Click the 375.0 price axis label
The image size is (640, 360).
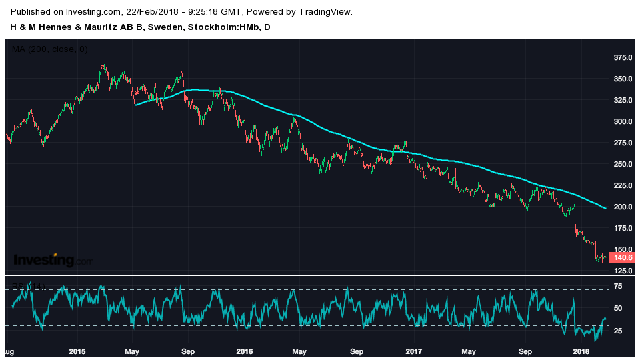click(x=623, y=57)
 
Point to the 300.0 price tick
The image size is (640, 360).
click(x=623, y=121)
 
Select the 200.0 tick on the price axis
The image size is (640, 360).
click(x=623, y=207)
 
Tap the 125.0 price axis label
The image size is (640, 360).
click(x=623, y=271)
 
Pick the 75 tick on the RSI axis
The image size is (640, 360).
click(x=618, y=287)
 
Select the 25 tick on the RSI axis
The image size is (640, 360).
click(x=618, y=331)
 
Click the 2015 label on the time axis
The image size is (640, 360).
click(x=77, y=351)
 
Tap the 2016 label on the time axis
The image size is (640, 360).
click(x=245, y=351)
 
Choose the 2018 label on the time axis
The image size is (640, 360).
click(x=582, y=351)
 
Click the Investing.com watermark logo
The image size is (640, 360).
click(x=53, y=260)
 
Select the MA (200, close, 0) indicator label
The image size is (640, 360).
click(x=50, y=49)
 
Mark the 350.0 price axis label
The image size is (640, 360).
click(x=623, y=79)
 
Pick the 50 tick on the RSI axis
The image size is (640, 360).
click(x=618, y=308)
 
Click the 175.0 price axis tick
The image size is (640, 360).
click(x=623, y=228)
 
